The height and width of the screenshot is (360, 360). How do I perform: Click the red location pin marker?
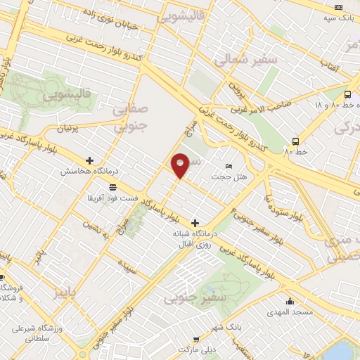pyautogui.click(x=181, y=165)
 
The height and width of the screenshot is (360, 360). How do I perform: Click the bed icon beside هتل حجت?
pyautogui.click(x=228, y=166)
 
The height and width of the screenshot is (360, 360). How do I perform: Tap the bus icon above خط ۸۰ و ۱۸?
pyautogui.click(x=347, y=94)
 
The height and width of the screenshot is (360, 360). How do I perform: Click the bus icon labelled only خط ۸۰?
pyautogui.click(x=296, y=140)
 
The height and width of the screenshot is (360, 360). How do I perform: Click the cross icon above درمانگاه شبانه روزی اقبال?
pyautogui.click(x=195, y=223)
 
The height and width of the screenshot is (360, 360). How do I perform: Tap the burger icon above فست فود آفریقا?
pyautogui.click(x=112, y=186)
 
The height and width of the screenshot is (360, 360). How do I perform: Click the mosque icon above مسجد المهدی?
pyautogui.click(x=290, y=302)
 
